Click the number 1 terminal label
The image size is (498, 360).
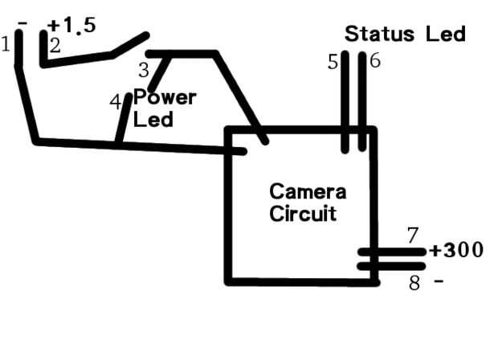tap(6, 43)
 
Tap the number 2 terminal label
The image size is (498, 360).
tap(55, 46)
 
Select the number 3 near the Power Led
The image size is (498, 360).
tap(144, 70)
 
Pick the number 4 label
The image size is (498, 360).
tap(116, 102)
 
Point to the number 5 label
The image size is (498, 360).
tap(333, 62)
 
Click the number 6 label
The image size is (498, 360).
tap(375, 60)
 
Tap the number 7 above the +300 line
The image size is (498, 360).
tap(413, 235)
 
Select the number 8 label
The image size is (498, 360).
tap(414, 283)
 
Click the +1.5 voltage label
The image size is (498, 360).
tap(71, 25)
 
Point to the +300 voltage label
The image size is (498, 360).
tap(456, 250)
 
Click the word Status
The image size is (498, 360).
tap(380, 34)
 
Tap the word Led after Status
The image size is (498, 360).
tap(446, 34)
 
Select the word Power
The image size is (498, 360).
tap(165, 97)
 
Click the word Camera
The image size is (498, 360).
tap(308, 191)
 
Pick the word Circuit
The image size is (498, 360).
tap(303, 213)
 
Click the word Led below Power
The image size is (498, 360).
tap(153, 120)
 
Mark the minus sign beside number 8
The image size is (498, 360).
tap(439, 281)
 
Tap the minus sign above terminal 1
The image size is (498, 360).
tap(22, 23)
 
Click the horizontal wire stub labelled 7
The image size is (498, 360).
tap(392, 252)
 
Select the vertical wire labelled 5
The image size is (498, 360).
tap(345, 102)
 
